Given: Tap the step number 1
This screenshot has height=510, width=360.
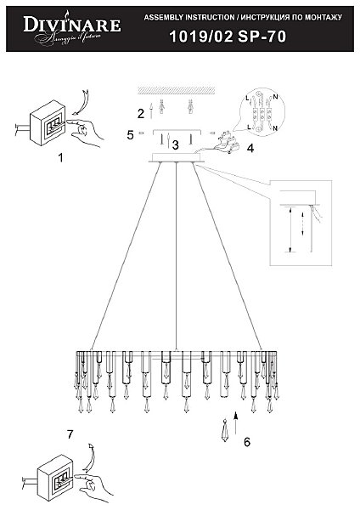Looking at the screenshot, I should pyautogui.click(x=60, y=157).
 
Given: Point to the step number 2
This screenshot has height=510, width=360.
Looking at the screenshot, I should pyautogui.click(x=141, y=113).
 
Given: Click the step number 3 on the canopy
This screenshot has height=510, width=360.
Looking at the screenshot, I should pyautogui.click(x=175, y=145).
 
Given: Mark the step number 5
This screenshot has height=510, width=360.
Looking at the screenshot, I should pyautogui.click(x=130, y=134).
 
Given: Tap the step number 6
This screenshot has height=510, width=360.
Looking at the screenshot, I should pyautogui.click(x=246, y=441).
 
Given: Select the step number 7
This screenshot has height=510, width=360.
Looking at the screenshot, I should pyautogui.click(x=70, y=434).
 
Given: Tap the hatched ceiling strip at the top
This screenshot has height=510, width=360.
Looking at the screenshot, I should pyautogui.click(x=177, y=90).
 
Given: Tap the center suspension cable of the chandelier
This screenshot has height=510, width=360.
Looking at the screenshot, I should pyautogui.click(x=176, y=255).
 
